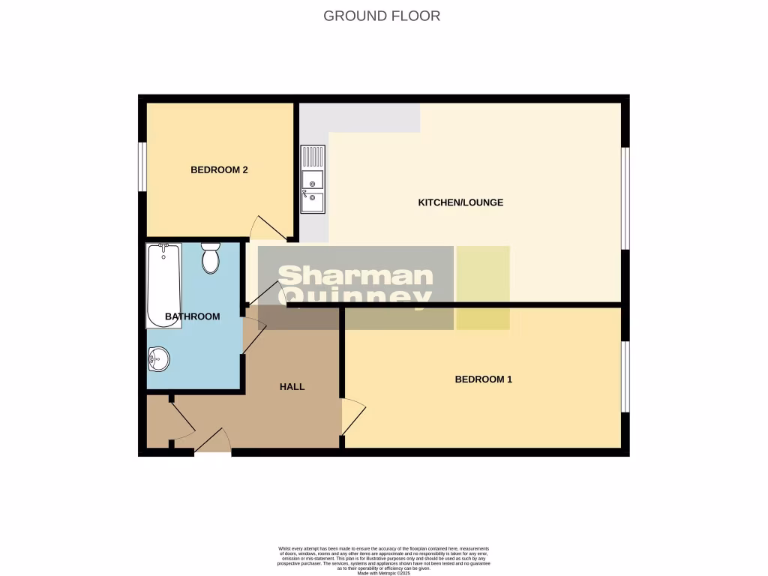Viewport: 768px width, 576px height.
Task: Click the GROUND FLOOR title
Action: (382, 16)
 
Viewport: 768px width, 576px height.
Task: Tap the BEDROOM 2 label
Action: (219, 170)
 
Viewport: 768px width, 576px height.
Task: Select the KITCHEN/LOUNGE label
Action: (460, 202)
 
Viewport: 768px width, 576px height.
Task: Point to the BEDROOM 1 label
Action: (483, 379)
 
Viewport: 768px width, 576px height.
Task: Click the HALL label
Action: (292, 387)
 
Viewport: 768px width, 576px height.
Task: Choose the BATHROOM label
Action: (193, 316)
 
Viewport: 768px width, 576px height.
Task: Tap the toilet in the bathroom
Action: (210, 258)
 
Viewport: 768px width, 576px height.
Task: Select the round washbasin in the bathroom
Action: (158, 359)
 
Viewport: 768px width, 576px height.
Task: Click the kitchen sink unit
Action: (312, 180)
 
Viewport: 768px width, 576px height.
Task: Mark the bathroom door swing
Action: (253, 335)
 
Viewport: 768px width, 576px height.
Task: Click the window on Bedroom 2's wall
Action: (142, 167)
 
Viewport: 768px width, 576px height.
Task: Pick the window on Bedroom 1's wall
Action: (625, 376)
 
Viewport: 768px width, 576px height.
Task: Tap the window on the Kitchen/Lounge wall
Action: (625, 197)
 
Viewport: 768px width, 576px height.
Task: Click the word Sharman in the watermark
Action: (356, 276)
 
